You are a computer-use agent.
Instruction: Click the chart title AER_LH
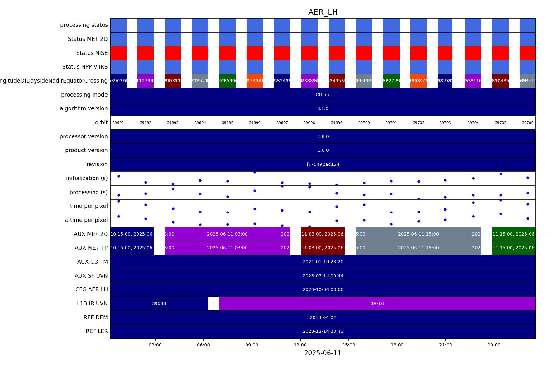coord(323,12)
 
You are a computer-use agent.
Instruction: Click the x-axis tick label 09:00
coord(252,345)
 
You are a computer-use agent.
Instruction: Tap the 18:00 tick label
coord(397,345)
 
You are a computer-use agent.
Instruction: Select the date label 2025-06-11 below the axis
coord(323,353)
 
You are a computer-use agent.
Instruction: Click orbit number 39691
coord(118,123)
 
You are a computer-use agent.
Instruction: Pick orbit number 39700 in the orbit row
coord(364,123)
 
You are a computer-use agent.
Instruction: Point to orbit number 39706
coord(528,123)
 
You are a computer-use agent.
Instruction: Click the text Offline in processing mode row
coord(323,95)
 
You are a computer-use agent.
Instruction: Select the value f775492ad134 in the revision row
coord(323,164)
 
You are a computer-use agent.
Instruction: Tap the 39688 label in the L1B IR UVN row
coord(159,303)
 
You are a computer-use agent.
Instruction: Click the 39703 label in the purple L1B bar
coord(377,303)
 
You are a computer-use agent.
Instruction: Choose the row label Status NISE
coord(92,53)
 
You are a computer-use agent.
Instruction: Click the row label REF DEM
coord(95,318)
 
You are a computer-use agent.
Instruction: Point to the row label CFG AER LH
coord(91,289)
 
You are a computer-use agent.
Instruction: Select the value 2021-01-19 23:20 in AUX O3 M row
coord(323,262)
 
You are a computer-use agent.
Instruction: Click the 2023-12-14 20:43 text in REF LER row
coord(323,331)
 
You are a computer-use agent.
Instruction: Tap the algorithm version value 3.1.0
coord(323,108)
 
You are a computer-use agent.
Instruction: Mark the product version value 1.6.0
coord(323,150)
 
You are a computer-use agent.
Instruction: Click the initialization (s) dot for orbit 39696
coord(255,172)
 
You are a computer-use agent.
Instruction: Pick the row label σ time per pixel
coord(86,220)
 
